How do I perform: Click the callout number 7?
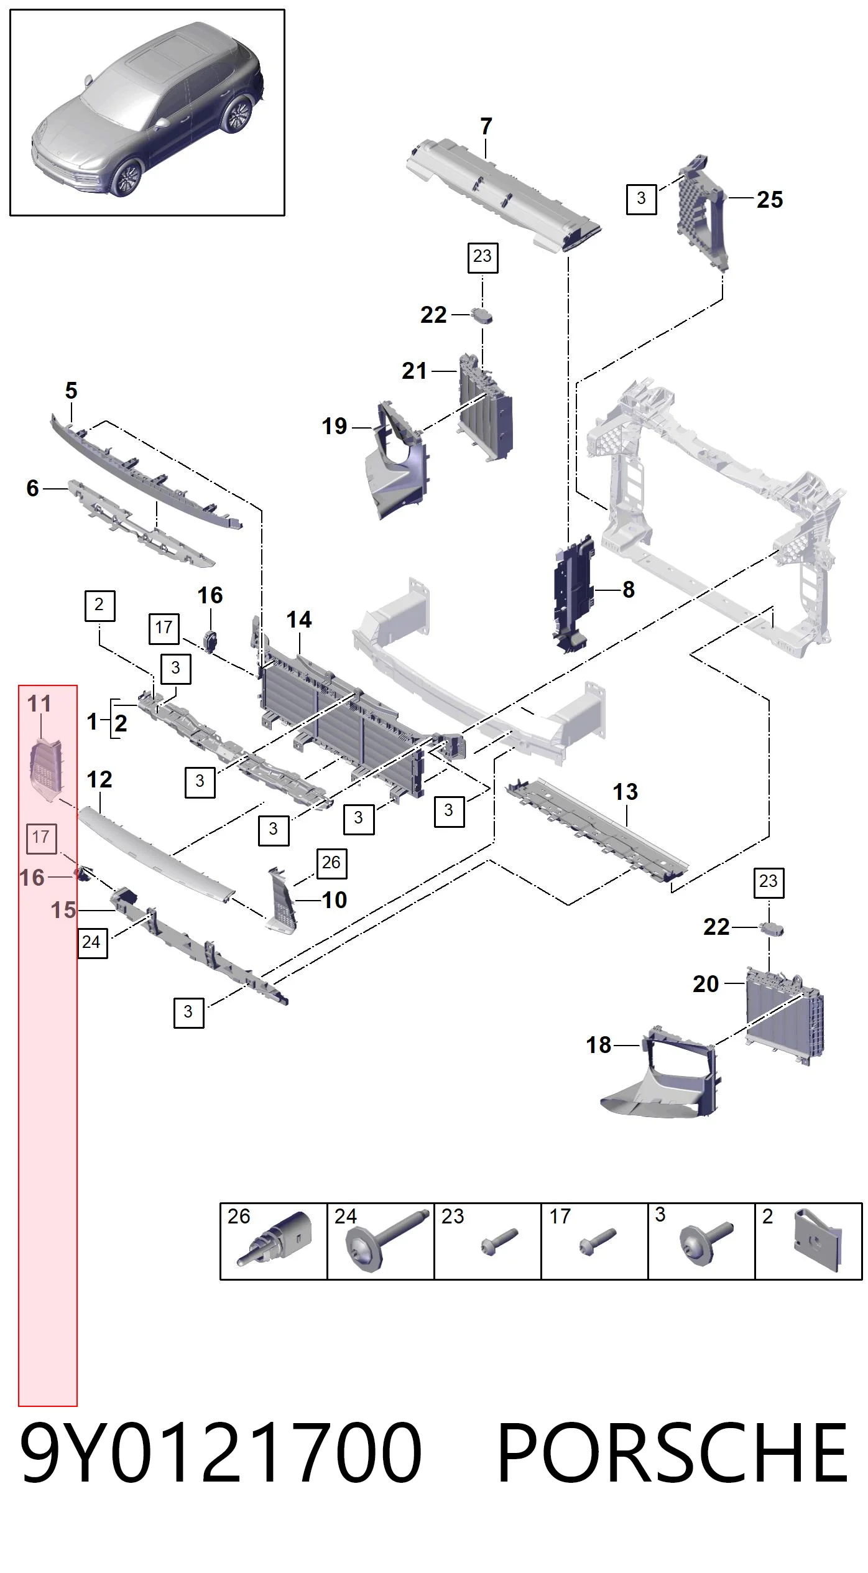tap(486, 127)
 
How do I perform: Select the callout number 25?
tap(770, 200)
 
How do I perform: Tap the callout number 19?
tap(334, 426)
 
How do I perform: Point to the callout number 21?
tap(414, 371)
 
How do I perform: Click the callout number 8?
tap(629, 589)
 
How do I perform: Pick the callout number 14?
tap(299, 619)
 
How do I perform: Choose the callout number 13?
tap(625, 792)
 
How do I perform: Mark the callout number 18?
tap(599, 1045)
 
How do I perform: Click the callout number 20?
tap(706, 984)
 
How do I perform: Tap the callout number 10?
tap(334, 900)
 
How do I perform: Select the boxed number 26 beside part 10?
tap(331, 863)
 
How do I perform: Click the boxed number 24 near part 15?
tap(92, 942)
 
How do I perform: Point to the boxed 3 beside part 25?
tap(641, 198)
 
